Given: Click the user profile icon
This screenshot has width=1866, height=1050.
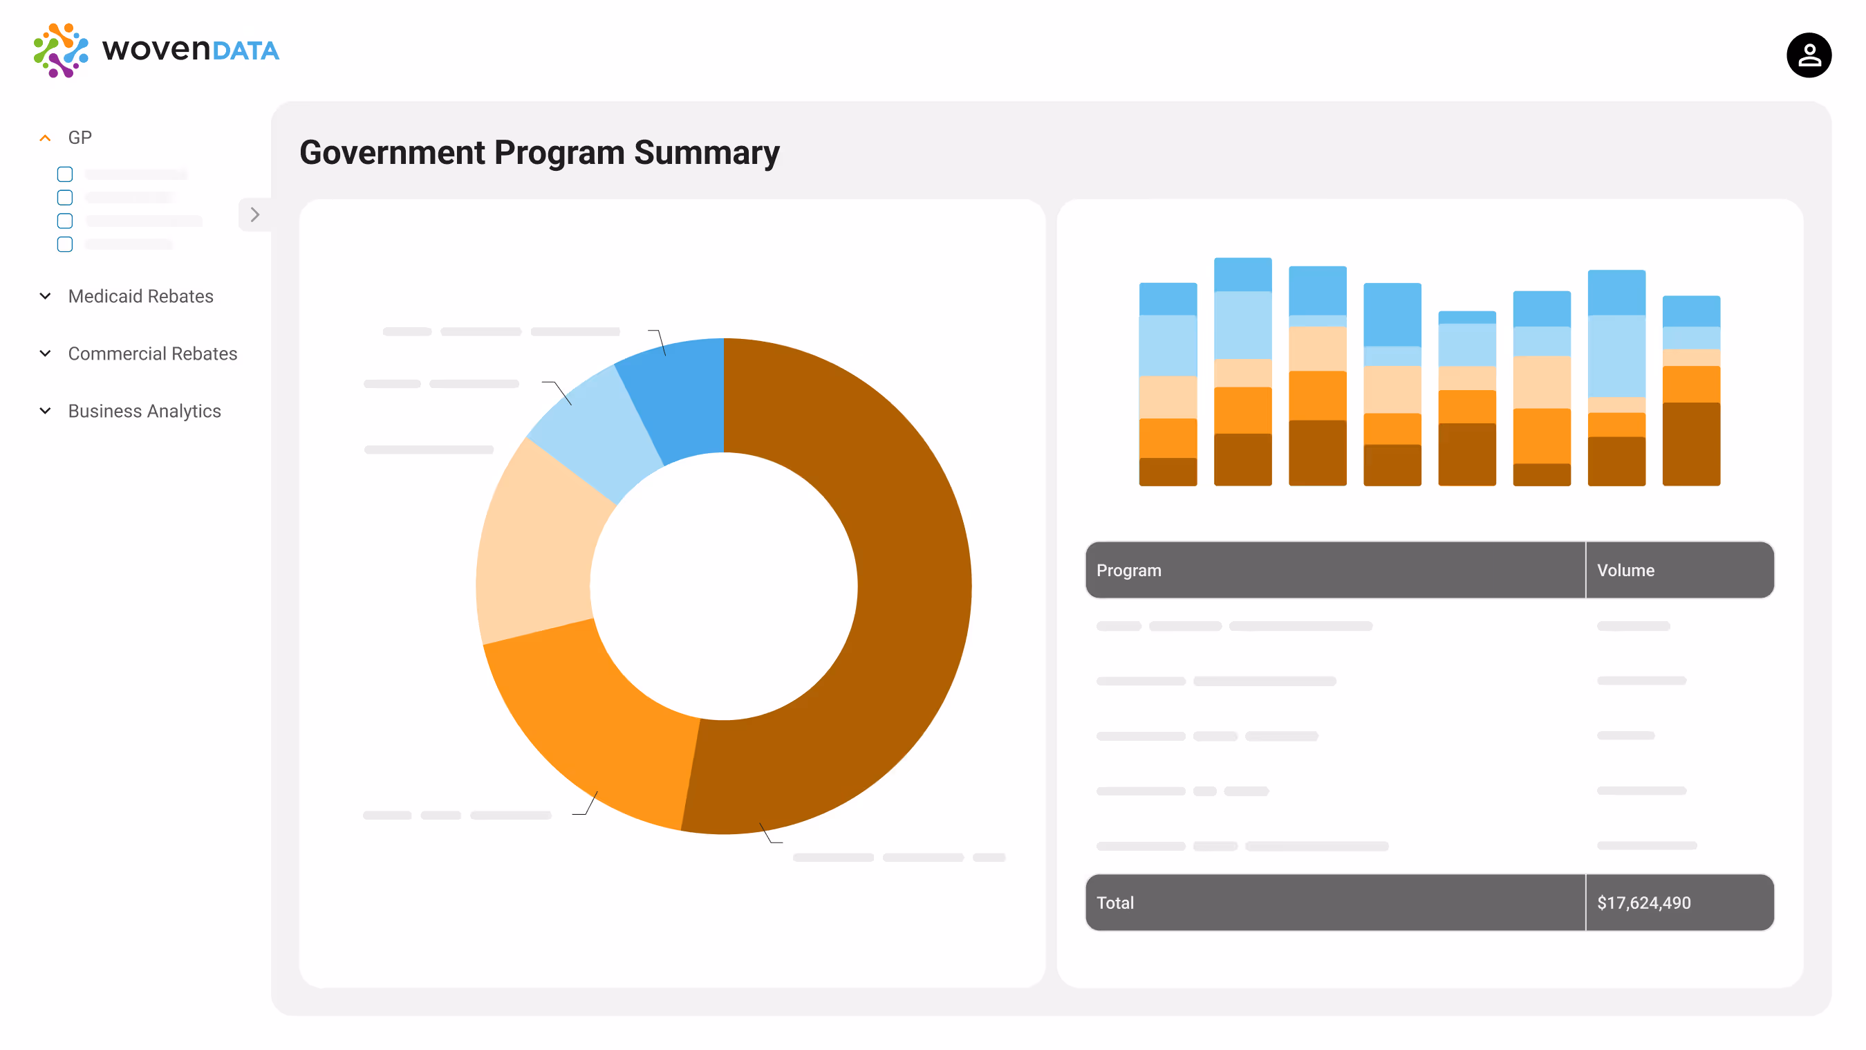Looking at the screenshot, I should pos(1808,55).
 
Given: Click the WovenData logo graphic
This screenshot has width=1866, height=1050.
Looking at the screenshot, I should pos(61,50).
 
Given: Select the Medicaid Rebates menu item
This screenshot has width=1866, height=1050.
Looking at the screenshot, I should pos(140,296).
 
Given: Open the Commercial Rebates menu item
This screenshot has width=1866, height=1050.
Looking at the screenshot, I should pos(152,353).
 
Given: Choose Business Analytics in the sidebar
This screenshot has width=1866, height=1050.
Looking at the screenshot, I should pos(144,411).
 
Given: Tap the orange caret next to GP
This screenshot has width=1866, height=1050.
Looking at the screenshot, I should pos(45,138).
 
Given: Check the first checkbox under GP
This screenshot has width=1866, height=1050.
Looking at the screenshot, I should pos(65,174).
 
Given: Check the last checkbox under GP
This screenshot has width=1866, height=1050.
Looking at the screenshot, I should pos(65,244).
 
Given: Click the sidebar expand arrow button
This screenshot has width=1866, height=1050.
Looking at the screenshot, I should pos(254,214).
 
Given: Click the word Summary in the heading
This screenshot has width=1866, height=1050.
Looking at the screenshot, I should pos(707,153).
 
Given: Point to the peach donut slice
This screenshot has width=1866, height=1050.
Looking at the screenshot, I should pos(536,551).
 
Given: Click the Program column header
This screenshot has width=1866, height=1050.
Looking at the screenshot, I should pos(1128,570).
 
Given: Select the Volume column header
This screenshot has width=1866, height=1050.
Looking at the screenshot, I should pos(1625,570).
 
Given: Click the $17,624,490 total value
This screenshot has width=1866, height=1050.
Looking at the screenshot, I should pos(1643,903).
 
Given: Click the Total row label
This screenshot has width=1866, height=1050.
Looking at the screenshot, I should pos(1114,903).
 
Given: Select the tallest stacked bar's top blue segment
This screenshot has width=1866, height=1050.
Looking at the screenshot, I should pos(1242,275).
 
